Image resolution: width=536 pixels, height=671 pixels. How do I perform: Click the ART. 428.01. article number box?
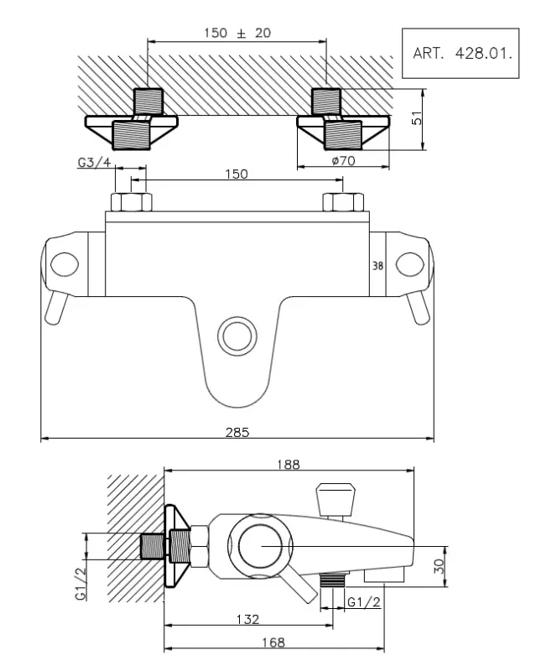[460, 53]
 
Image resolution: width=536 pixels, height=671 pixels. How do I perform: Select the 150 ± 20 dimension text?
[237, 34]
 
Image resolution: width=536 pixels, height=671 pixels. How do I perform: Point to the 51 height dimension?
[416, 120]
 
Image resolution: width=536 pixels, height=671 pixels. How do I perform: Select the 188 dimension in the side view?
[289, 464]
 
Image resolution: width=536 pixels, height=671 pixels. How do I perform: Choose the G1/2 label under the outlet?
[365, 601]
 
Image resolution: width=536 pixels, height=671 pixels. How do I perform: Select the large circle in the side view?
[260, 545]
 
